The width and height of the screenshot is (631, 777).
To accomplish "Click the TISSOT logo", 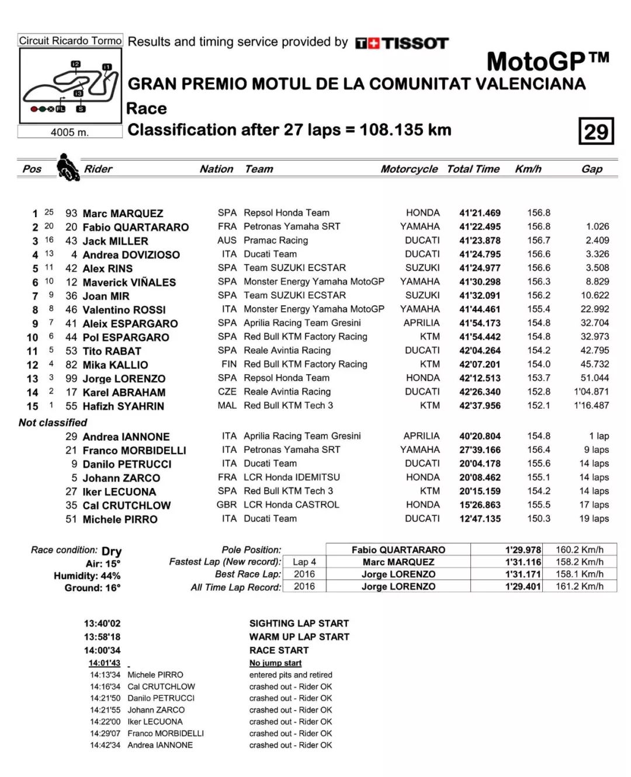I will (402, 43).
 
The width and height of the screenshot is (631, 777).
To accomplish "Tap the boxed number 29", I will (595, 131).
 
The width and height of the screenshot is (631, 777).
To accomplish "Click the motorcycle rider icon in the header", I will (68, 168).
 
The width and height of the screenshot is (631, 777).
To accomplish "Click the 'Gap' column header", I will (591, 169).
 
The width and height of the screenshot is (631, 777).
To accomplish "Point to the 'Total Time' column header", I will (473, 169).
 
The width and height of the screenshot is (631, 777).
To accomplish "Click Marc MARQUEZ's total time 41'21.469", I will (480, 213).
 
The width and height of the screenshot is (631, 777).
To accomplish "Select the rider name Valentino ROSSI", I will (124, 310).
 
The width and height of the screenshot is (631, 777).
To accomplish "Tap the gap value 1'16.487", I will (591, 406).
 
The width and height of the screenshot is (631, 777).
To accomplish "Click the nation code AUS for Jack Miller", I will (227, 241).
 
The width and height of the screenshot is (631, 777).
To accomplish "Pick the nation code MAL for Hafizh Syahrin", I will (227, 406).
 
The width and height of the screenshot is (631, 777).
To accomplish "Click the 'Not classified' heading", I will (53, 423).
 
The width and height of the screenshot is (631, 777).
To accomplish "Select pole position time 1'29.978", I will (523, 550).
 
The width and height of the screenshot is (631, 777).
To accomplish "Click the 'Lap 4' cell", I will (304, 562).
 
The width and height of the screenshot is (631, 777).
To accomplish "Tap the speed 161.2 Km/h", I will (579, 587).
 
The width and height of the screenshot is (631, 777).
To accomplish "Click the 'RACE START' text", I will (279, 650).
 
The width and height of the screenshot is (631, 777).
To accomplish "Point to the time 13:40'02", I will (102, 623).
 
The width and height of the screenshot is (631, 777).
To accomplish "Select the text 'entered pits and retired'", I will (290, 675).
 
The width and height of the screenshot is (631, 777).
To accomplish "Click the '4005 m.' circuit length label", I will (70, 133).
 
